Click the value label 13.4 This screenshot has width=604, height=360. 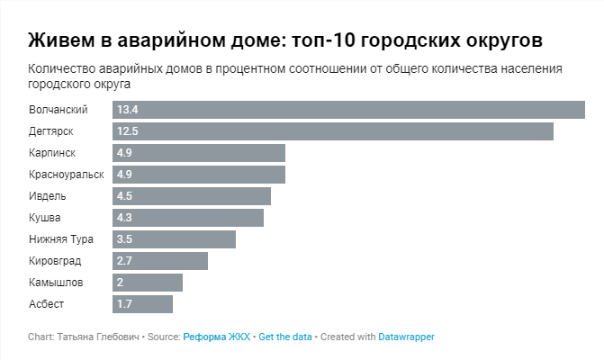[x=127, y=110]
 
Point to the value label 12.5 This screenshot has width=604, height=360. [x=127, y=131]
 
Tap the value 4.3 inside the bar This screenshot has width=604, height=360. [x=124, y=218]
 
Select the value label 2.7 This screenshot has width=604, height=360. [x=124, y=261]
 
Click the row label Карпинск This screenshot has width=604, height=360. [x=52, y=153]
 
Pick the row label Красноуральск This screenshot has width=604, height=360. [x=67, y=175]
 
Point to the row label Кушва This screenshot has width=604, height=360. [x=45, y=218]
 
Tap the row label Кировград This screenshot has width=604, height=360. [x=55, y=261]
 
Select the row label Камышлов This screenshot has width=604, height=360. [x=55, y=283]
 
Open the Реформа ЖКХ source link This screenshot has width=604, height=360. [x=216, y=337]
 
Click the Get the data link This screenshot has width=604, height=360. [x=285, y=337]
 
